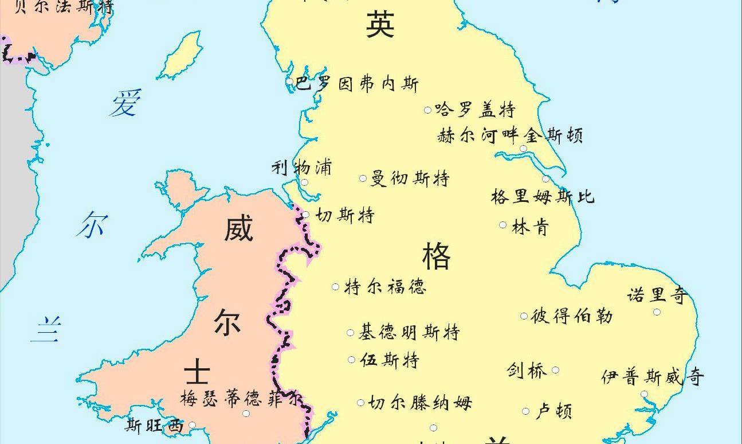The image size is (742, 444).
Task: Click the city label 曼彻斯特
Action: click(410, 178)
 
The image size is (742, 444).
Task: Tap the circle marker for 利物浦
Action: click(304, 183)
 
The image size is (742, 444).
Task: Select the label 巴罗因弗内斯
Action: click(357, 84)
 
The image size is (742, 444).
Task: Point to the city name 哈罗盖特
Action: click(475, 109)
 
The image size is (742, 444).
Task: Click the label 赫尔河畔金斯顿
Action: click(510, 136)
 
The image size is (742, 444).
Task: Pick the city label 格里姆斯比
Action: click(542, 196)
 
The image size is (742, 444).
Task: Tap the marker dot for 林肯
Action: click(502, 225)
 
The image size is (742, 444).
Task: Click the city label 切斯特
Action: click(345, 216)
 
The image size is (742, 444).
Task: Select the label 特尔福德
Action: click(385, 286)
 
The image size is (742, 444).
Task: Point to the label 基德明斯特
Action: click(409, 332)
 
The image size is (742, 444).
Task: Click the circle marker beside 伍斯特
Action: click(351, 360)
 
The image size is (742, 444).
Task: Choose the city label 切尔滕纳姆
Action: click(420, 403)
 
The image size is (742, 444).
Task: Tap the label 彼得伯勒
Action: click(572, 316)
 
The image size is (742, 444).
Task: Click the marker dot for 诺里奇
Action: click(657, 312)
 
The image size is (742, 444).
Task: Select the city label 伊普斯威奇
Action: click(653, 377)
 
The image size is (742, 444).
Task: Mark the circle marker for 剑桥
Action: click(555, 370)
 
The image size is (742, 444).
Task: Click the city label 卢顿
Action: click(553, 411)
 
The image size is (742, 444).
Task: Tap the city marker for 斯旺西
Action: click(192, 425)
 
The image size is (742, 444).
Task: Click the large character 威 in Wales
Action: click(238, 229)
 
